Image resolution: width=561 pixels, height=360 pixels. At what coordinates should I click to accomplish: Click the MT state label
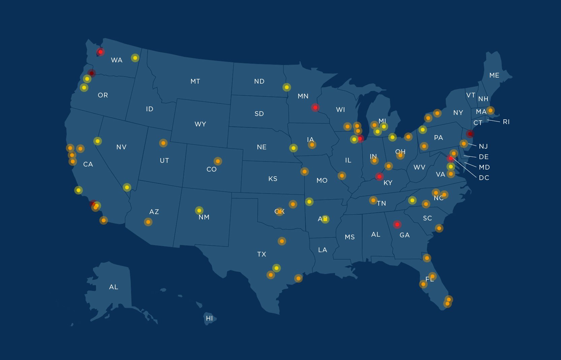tap(195, 81)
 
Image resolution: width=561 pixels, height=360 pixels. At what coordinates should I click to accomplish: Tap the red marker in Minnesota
tap(315, 108)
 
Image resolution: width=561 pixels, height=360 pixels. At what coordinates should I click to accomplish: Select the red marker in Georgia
tap(397, 224)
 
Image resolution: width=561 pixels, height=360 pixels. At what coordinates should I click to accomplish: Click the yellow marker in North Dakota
tap(286, 87)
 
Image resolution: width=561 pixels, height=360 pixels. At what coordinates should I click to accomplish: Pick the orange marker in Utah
tap(163, 143)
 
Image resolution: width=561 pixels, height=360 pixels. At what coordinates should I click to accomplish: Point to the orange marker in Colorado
tap(218, 161)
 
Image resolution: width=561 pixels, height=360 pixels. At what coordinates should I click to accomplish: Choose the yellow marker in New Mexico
tap(199, 210)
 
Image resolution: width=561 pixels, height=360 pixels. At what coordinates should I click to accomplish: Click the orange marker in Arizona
tap(148, 222)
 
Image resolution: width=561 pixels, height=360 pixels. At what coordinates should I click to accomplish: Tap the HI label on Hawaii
tap(209, 318)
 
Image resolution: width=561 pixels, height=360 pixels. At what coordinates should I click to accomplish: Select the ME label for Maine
tap(494, 75)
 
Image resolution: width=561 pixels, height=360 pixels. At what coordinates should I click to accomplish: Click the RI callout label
tap(506, 122)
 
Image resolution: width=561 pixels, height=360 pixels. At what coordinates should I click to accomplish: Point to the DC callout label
tap(484, 178)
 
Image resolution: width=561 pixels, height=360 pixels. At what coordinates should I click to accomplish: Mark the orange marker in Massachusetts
tap(491, 110)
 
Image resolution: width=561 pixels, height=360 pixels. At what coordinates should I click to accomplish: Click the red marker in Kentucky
tap(379, 176)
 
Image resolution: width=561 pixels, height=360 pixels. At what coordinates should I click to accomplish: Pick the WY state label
tap(200, 124)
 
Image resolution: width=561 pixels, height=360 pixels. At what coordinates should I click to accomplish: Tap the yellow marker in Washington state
tap(135, 58)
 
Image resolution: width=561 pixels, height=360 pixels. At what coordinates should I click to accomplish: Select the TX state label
tap(261, 254)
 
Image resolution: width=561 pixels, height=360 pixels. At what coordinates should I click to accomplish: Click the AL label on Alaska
tap(114, 287)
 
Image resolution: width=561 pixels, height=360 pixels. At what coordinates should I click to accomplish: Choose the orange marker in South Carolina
tap(439, 228)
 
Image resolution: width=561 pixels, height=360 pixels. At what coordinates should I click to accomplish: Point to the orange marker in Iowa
tap(312, 145)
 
